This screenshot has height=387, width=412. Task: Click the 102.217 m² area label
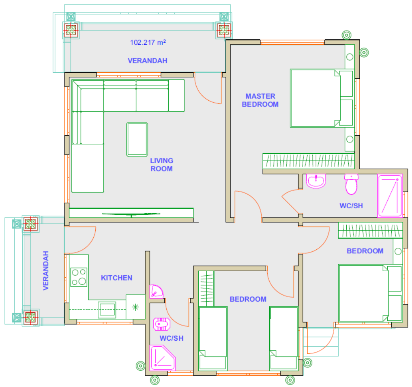(148, 42)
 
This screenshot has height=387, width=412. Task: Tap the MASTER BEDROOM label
(260, 100)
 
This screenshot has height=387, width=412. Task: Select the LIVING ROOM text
(161, 165)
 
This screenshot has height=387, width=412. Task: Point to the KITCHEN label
(116, 278)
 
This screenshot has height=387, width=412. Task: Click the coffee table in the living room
(137, 139)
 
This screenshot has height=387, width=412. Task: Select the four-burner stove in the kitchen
(79, 277)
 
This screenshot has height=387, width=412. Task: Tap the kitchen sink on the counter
(107, 310)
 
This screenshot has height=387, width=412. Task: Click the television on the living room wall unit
(131, 214)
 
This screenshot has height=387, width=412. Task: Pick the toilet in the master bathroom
(351, 184)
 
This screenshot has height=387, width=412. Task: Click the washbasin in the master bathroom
(316, 181)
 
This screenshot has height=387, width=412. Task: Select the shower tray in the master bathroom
(390, 195)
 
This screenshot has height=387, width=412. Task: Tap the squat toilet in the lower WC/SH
(161, 324)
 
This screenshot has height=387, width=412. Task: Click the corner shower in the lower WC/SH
(162, 358)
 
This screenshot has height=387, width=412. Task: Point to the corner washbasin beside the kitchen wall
(156, 291)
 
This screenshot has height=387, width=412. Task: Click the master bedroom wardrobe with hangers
(309, 161)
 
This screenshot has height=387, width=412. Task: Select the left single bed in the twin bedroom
(213, 338)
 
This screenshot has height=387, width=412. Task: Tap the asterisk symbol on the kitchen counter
(135, 307)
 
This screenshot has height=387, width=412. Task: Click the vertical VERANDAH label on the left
(46, 271)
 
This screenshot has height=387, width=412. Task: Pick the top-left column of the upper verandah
(71, 30)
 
